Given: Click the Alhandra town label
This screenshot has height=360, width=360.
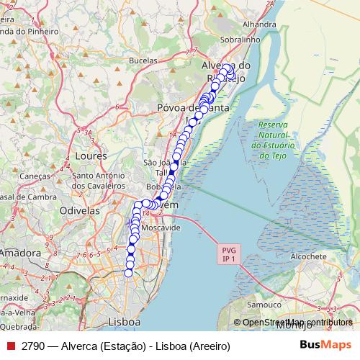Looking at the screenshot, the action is point(260,24).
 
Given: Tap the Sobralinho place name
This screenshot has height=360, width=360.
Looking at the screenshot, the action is point(238,40).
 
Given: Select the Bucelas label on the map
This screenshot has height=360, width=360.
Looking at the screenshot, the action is point(143,61).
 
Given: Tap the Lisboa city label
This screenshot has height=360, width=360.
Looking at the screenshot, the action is point(123,321).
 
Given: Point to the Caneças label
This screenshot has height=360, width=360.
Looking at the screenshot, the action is point(35,176).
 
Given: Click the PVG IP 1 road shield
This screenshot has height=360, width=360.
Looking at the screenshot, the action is point(228,253).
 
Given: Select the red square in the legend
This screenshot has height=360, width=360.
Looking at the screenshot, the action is point(11,346).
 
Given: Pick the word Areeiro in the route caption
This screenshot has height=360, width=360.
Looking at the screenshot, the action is point(209,346).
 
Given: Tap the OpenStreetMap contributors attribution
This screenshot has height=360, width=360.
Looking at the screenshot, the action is point(297,322).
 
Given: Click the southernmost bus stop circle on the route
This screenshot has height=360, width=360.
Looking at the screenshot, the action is point(129,272).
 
